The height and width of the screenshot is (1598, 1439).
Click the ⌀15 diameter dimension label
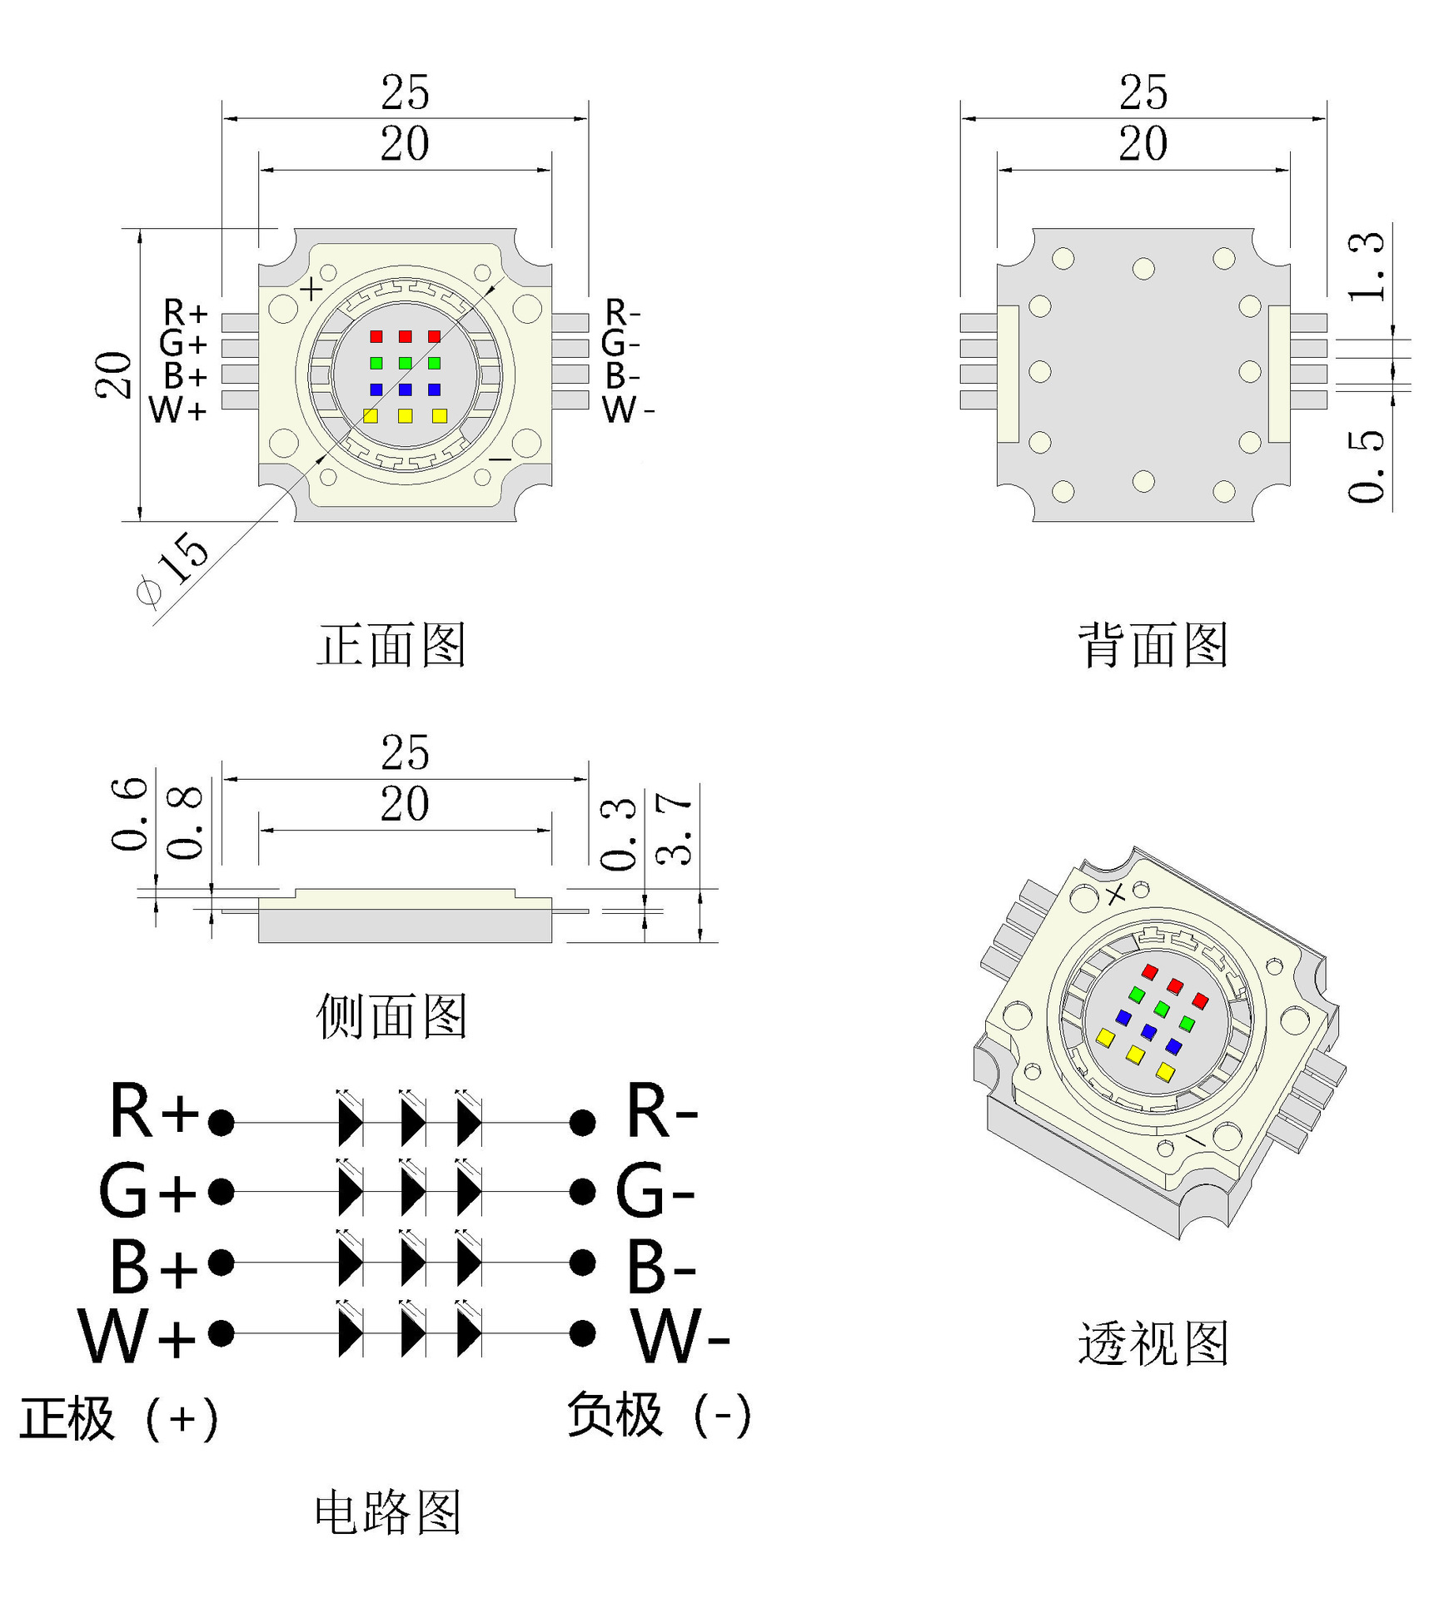coord(173,568)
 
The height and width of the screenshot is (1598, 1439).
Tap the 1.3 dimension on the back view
coord(1367,266)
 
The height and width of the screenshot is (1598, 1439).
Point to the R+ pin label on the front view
coord(185,313)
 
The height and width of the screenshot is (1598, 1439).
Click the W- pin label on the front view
coord(627,409)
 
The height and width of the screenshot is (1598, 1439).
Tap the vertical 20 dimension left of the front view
coord(113,375)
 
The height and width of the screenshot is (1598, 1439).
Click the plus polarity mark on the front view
coord(311,290)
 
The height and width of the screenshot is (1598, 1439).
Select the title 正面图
coord(391,645)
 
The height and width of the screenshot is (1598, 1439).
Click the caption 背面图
coord(1153,645)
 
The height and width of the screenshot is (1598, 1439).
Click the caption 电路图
coord(388,1512)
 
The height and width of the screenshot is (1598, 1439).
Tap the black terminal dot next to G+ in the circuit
coord(221,1191)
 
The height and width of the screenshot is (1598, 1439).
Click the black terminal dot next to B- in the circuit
coord(582,1263)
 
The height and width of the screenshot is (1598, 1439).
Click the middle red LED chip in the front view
coord(405,336)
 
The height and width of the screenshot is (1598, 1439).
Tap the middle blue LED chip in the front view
coord(405,389)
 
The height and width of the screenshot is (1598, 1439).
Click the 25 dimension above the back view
coord(1143,92)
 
